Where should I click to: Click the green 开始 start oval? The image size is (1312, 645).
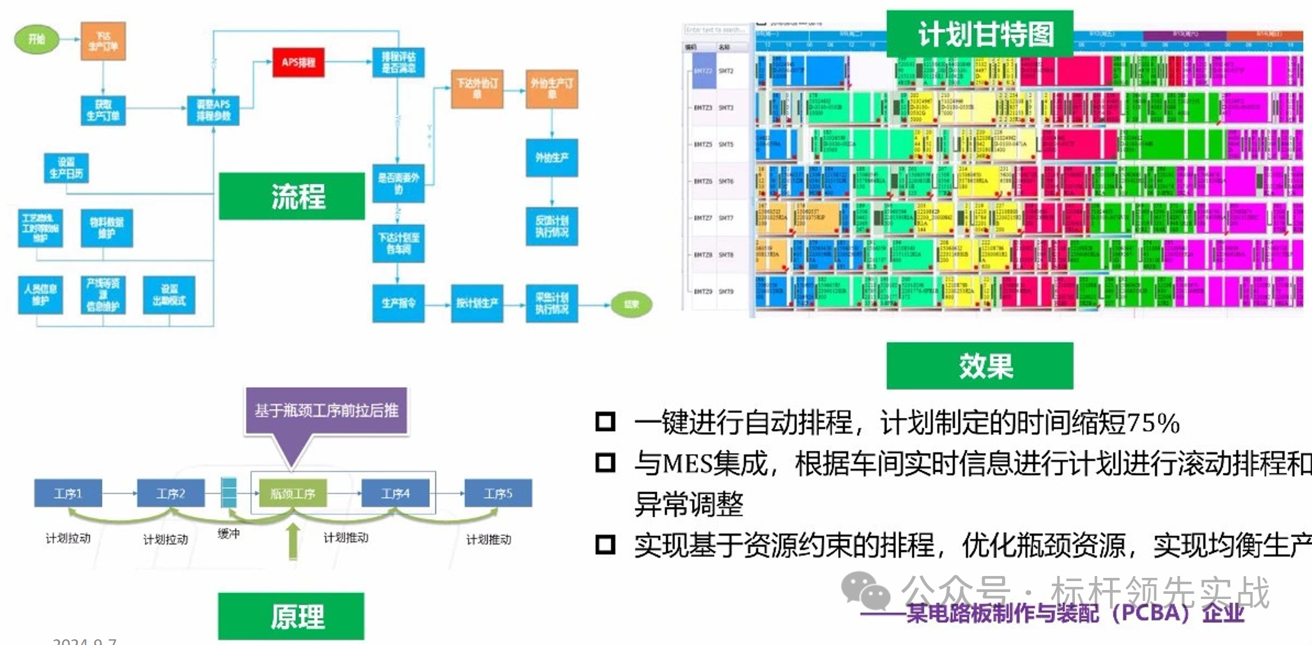coord(36,39)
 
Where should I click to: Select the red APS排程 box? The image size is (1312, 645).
coord(298,62)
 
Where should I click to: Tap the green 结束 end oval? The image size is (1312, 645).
coord(631,304)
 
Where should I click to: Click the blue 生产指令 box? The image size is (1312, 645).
coord(398,303)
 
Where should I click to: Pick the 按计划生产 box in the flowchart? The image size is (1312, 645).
coord(477,303)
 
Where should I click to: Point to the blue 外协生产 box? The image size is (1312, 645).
coord(552,157)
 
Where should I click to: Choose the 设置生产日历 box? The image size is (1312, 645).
coord(66,167)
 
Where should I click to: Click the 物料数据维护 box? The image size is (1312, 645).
coord(107,228)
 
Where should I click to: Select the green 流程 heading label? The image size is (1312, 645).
coord(292,196)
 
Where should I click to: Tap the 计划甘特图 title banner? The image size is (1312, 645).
coord(979,33)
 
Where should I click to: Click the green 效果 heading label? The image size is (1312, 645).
coord(979,366)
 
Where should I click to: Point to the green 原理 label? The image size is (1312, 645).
coord(291,616)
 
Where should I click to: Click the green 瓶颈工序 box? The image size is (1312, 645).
coord(293,493)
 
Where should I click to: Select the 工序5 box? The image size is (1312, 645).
coord(498,493)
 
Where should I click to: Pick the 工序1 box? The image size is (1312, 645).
coord(68,493)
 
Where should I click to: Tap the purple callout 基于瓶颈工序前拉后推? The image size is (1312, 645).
coord(326,410)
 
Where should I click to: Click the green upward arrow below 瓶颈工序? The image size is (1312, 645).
coord(293,541)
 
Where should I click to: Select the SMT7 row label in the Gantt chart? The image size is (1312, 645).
coord(726,218)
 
